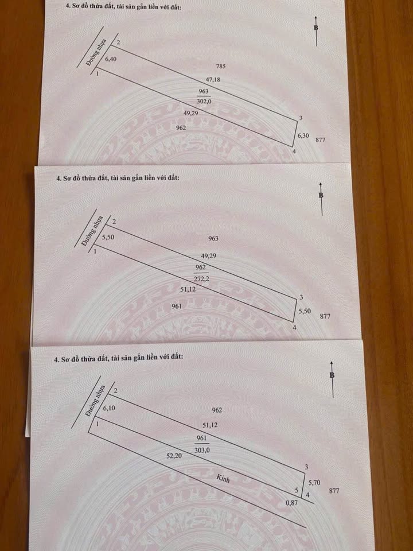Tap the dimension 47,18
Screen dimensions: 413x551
(x=213, y=80)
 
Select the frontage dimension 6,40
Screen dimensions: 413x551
(x=111, y=59)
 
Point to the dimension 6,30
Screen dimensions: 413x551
(x=303, y=135)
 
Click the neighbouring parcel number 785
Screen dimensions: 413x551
(x=221, y=66)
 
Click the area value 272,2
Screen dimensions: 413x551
(x=201, y=279)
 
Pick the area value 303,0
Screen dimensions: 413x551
(x=201, y=450)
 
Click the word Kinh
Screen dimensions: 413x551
(x=223, y=478)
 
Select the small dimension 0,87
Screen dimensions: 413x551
(x=291, y=503)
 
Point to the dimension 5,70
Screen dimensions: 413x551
(x=314, y=483)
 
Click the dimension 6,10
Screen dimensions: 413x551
(x=109, y=409)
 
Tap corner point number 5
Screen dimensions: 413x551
(x=297, y=489)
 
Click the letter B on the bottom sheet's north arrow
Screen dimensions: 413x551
(x=332, y=375)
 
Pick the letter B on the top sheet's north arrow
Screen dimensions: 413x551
(x=316, y=28)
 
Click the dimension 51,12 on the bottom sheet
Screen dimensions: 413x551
(x=210, y=425)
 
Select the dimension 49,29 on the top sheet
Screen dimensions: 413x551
(x=190, y=114)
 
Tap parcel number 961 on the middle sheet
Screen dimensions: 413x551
(x=177, y=306)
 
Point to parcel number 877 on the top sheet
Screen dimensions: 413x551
(x=320, y=140)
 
